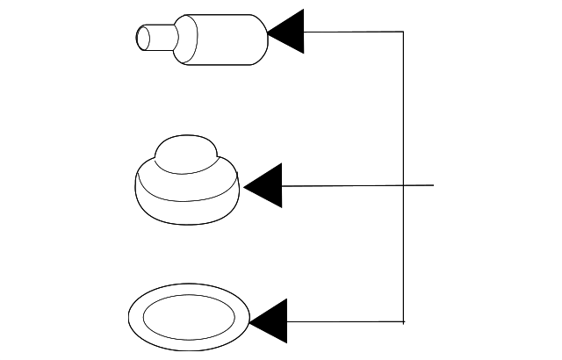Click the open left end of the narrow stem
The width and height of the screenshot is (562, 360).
tap(140, 38)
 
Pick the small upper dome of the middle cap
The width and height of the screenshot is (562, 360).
tap(184, 153)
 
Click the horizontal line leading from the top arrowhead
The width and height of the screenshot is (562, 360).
tap(351, 32)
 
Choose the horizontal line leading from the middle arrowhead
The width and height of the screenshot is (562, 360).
tap(342, 185)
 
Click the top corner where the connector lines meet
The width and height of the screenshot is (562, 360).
tap(403, 32)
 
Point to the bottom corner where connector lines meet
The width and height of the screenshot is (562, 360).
tap(403, 320)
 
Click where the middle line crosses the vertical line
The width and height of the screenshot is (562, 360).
tap(403, 185)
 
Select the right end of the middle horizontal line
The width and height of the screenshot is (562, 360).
tap(434, 185)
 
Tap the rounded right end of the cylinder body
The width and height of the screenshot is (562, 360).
tap(261, 39)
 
